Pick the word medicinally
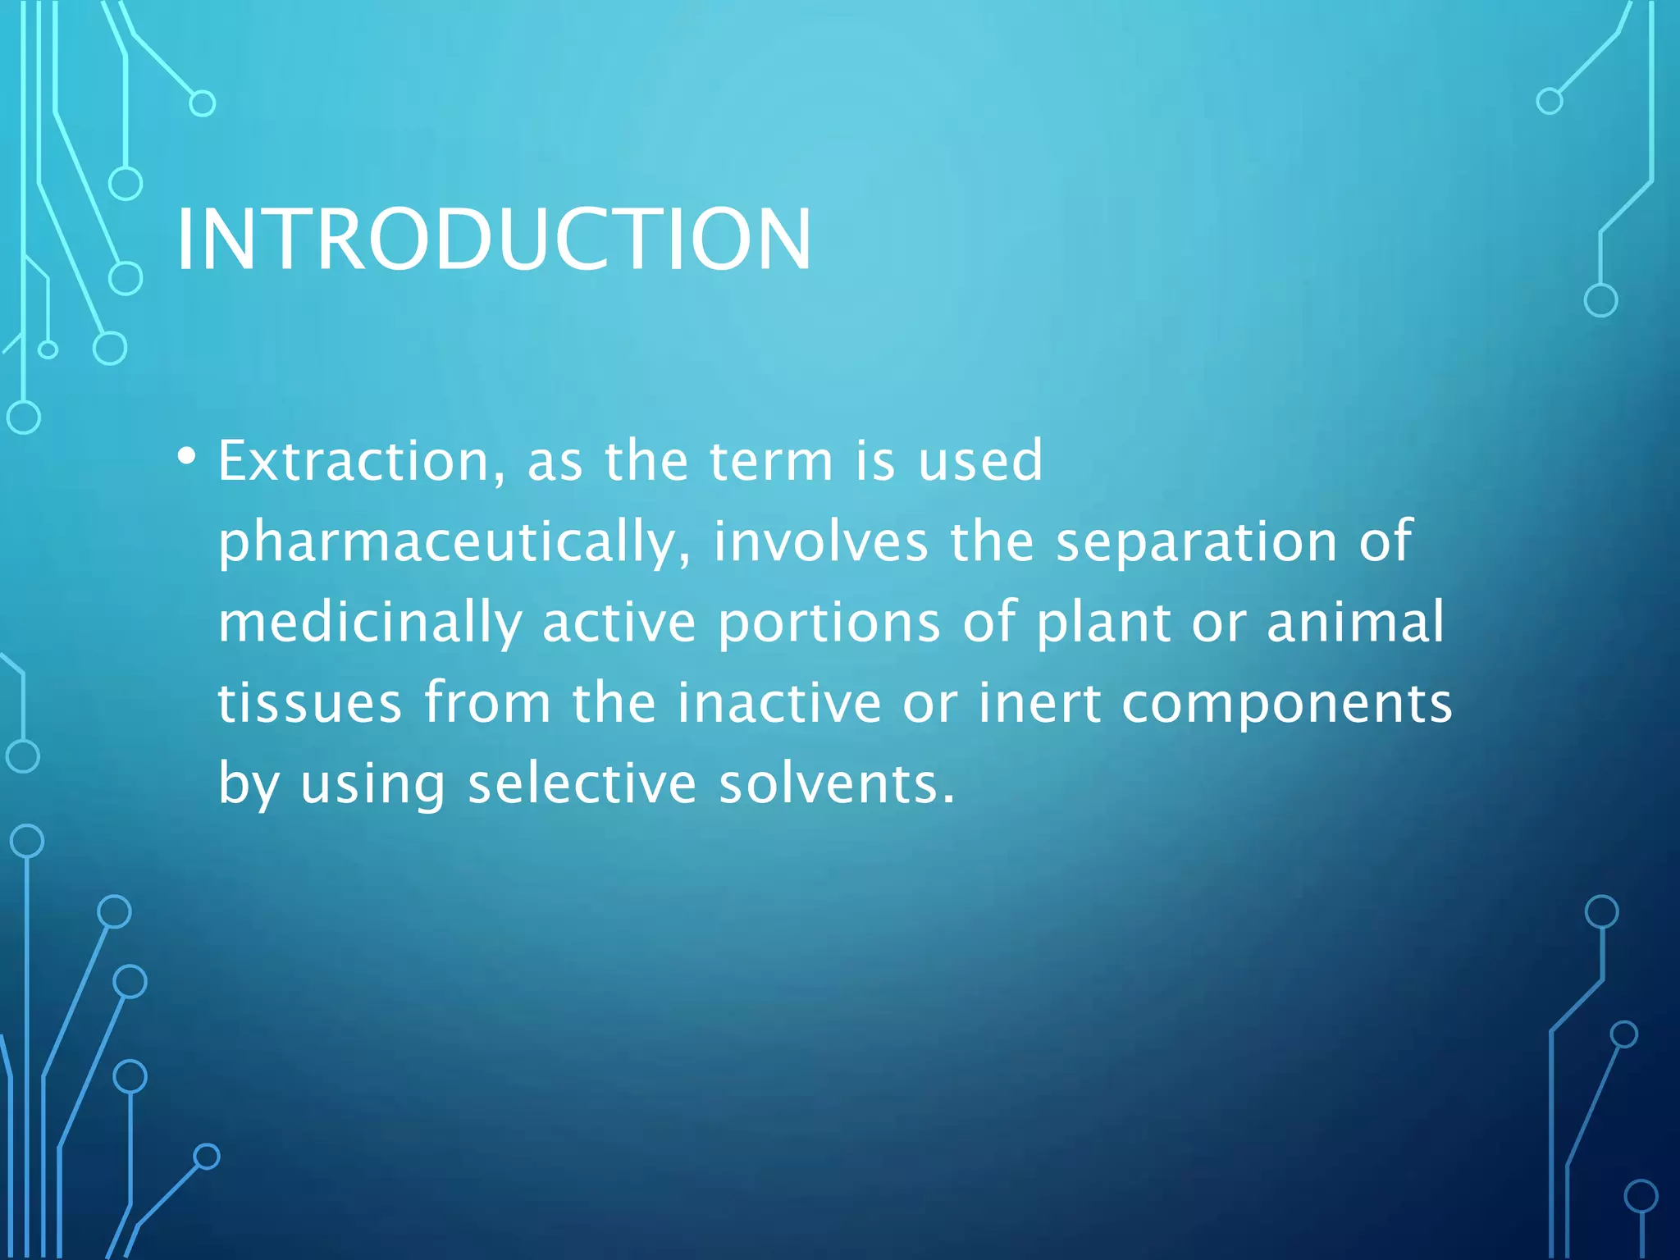tap(369, 622)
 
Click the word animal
tap(1355, 622)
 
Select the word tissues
tap(309, 703)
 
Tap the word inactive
tap(778, 703)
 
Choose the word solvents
tap(837, 783)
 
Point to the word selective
tap(582, 783)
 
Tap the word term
tap(771, 461)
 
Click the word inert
tap(1039, 703)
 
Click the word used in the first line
tap(979, 461)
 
